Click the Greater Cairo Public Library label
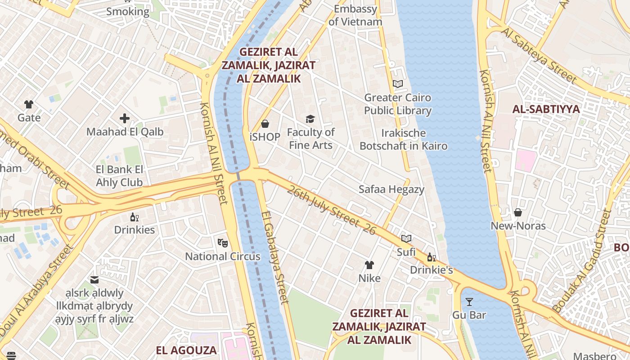397,104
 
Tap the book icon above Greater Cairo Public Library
397,84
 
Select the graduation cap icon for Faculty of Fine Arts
310,119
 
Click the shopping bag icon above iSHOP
265,124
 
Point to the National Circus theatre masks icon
222,243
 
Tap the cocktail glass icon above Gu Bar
469,301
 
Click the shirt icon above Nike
369,265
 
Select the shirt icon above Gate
29,104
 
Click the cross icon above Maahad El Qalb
125,118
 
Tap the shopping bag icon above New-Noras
518,212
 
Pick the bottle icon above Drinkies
134,217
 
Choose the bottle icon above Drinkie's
431,257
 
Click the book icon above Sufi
406,239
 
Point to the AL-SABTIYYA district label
546,109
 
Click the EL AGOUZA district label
186,350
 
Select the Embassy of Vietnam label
355,15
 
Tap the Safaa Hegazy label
391,189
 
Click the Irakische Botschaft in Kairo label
403,139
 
